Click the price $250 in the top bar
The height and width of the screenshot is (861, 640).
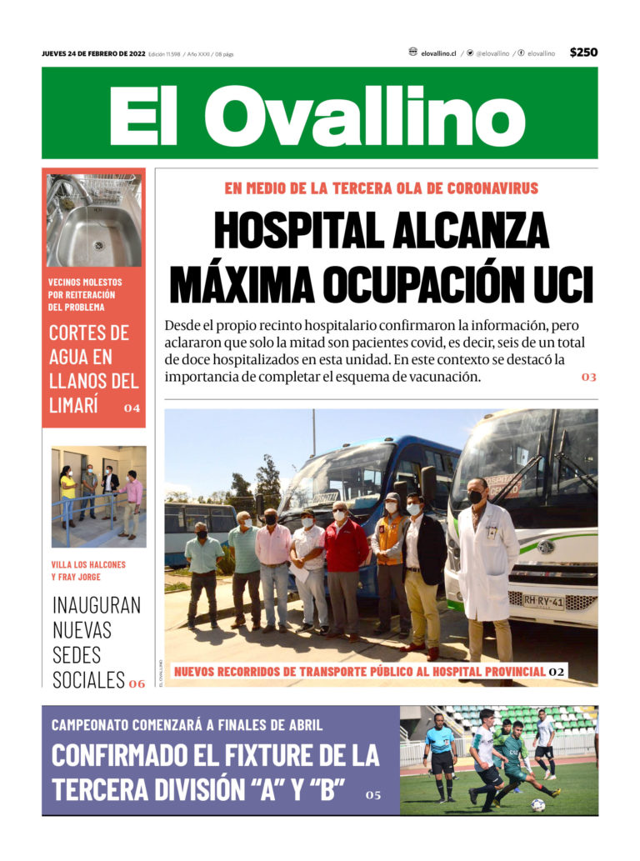tap(583, 53)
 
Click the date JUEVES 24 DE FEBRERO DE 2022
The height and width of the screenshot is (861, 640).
tap(93, 54)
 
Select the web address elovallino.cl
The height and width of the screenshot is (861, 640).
tap(437, 53)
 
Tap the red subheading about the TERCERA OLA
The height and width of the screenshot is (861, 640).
tap(381, 188)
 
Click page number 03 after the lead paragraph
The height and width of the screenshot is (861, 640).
tap(589, 378)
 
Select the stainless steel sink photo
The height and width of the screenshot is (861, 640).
tap(94, 221)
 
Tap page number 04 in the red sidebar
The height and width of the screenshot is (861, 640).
tap(132, 408)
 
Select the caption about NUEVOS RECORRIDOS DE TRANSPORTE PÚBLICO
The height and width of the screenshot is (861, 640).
tap(359, 671)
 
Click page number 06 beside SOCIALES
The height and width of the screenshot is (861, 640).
tap(137, 683)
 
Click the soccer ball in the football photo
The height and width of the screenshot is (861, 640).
tap(538, 805)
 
